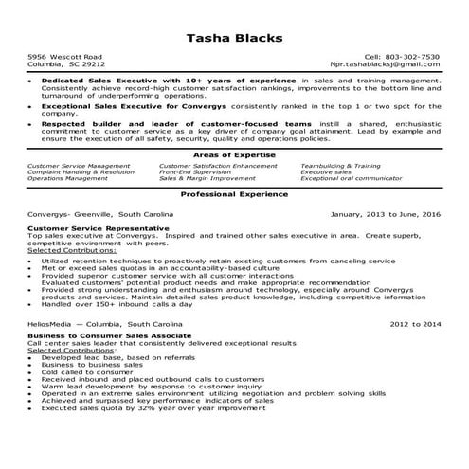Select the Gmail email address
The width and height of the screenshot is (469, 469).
pyautogui.click(x=390, y=64)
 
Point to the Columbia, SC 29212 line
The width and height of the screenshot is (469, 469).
pyautogui.click(x=66, y=64)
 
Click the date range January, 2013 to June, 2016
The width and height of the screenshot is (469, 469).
pyautogui.click(x=385, y=214)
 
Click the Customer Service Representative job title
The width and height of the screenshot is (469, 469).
pyautogui.click(x=99, y=228)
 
